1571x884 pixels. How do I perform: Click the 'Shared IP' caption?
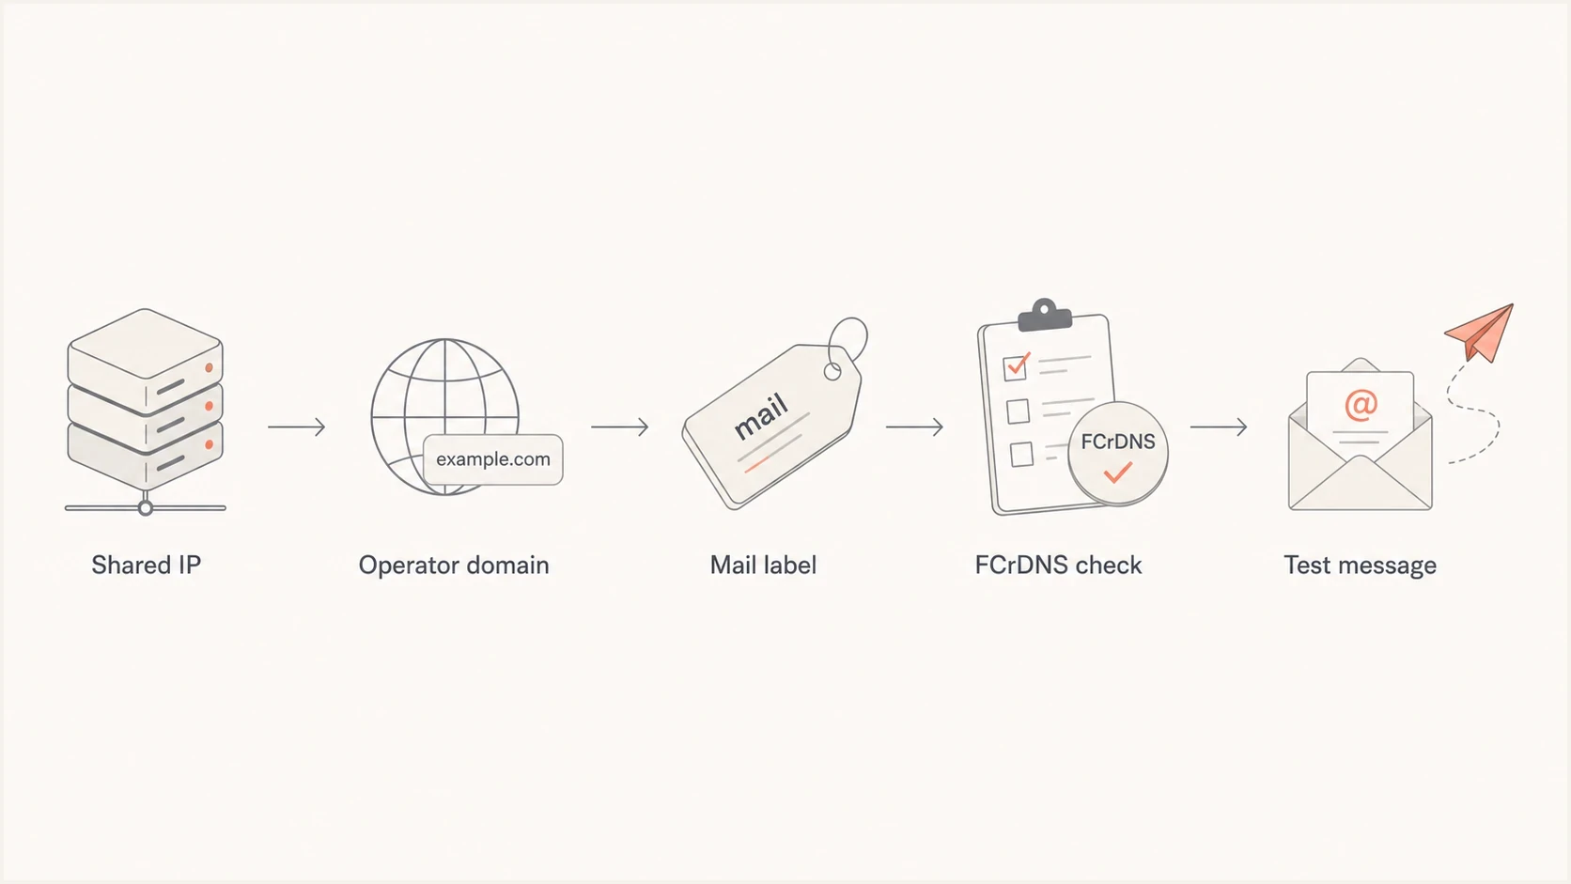pos(146,565)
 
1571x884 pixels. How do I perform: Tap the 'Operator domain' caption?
pos(454,565)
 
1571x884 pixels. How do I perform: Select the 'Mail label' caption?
pos(763,565)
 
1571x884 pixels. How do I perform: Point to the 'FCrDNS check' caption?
pos(1058,565)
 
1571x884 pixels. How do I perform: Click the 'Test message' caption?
pos(1360,566)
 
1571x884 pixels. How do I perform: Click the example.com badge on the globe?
pos(493,459)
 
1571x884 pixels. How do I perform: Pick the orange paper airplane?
pos(1481,333)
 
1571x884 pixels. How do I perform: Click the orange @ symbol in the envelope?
pos(1361,405)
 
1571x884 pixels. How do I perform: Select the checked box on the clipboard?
pos(1015,367)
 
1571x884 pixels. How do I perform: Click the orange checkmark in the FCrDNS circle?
pos(1118,472)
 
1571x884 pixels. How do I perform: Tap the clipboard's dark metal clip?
pos(1045,316)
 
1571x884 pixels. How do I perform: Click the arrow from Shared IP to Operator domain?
pos(297,426)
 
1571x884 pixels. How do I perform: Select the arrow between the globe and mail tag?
pos(620,426)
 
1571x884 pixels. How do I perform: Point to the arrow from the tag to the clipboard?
pos(914,426)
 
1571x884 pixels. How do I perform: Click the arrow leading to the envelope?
pos(1219,426)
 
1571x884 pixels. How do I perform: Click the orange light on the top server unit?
pos(209,368)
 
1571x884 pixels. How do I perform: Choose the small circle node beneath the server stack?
pos(146,508)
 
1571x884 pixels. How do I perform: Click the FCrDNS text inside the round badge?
pos(1118,442)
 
